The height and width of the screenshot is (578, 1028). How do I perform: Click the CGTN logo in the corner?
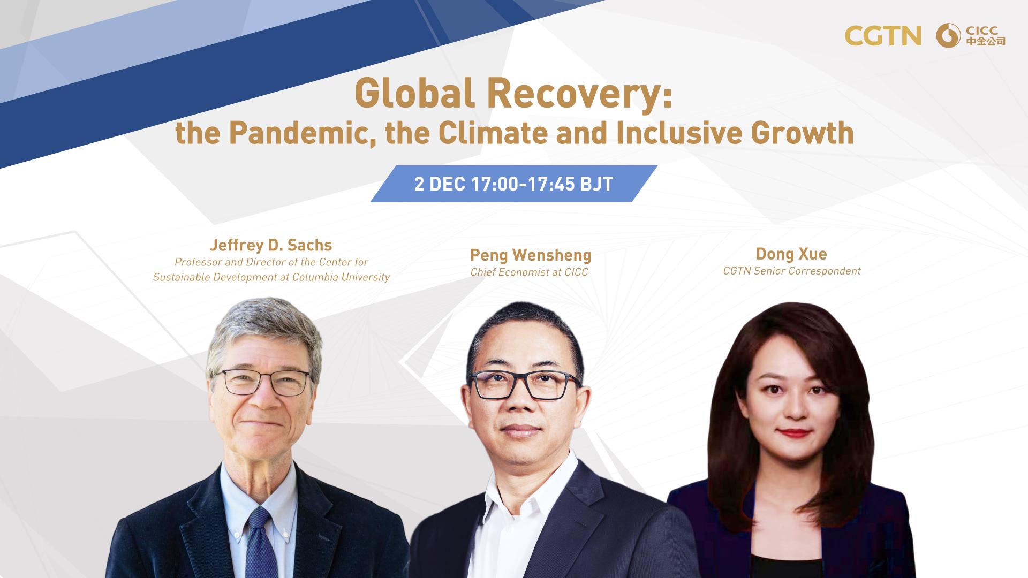pos(883,35)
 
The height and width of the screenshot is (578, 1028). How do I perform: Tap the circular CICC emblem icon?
pos(948,35)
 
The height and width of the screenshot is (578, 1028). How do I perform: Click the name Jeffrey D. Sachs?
pos(271,245)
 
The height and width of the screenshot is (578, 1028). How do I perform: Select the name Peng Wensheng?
pos(531,255)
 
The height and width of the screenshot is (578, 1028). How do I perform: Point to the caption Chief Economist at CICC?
pos(529,272)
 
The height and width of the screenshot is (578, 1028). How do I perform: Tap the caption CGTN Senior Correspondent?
pos(792,271)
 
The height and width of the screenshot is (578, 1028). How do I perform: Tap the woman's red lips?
pos(793,432)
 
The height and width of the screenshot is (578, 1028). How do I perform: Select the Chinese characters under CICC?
pos(985,41)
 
